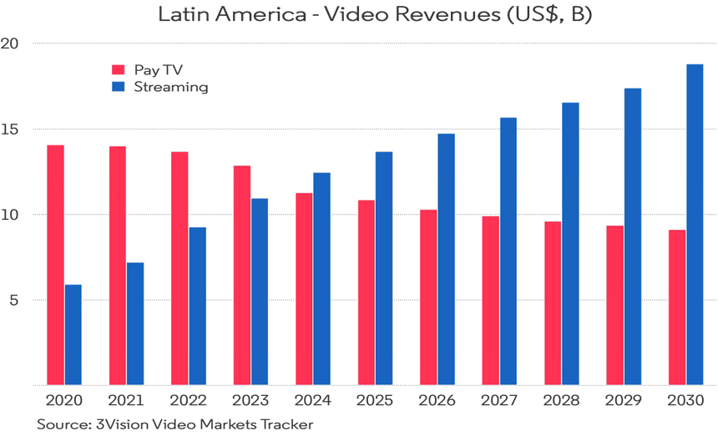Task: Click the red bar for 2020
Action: click(x=55, y=264)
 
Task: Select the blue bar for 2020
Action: click(x=73, y=334)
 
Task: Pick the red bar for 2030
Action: click(x=677, y=307)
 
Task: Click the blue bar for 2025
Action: click(x=384, y=267)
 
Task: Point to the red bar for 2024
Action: click(x=304, y=288)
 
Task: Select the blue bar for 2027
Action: click(x=508, y=251)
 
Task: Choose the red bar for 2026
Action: click(x=428, y=297)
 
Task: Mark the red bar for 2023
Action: click(x=242, y=274)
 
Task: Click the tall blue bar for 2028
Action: click(x=570, y=243)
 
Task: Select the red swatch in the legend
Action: click(x=118, y=69)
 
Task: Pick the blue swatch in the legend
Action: click(x=118, y=86)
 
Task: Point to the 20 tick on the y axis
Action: click(x=9, y=43)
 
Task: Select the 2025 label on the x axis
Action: click(x=375, y=400)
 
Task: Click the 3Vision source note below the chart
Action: click(x=174, y=424)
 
